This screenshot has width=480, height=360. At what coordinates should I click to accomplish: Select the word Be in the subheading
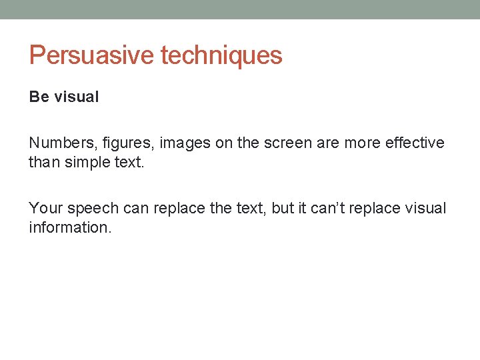[x=39, y=97]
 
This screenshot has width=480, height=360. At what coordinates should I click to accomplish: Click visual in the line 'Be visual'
[x=76, y=97]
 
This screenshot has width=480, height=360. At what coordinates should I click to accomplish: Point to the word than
[x=43, y=163]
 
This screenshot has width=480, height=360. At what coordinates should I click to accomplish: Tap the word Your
[x=45, y=208]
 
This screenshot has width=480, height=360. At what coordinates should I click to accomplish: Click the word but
[x=283, y=208]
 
